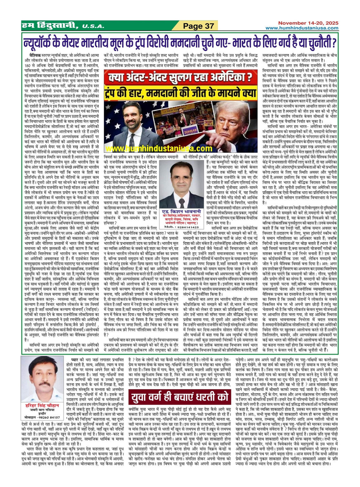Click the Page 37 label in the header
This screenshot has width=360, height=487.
click(x=199, y=26)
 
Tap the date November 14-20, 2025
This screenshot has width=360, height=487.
click(x=308, y=23)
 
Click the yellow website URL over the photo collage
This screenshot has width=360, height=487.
click(x=159, y=149)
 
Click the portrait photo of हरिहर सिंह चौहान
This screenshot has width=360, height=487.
click(x=42, y=379)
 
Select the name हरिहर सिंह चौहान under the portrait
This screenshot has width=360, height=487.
click(x=42, y=405)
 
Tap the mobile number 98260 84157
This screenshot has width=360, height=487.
click(x=48, y=417)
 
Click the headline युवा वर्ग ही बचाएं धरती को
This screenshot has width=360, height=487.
click(x=180, y=397)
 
